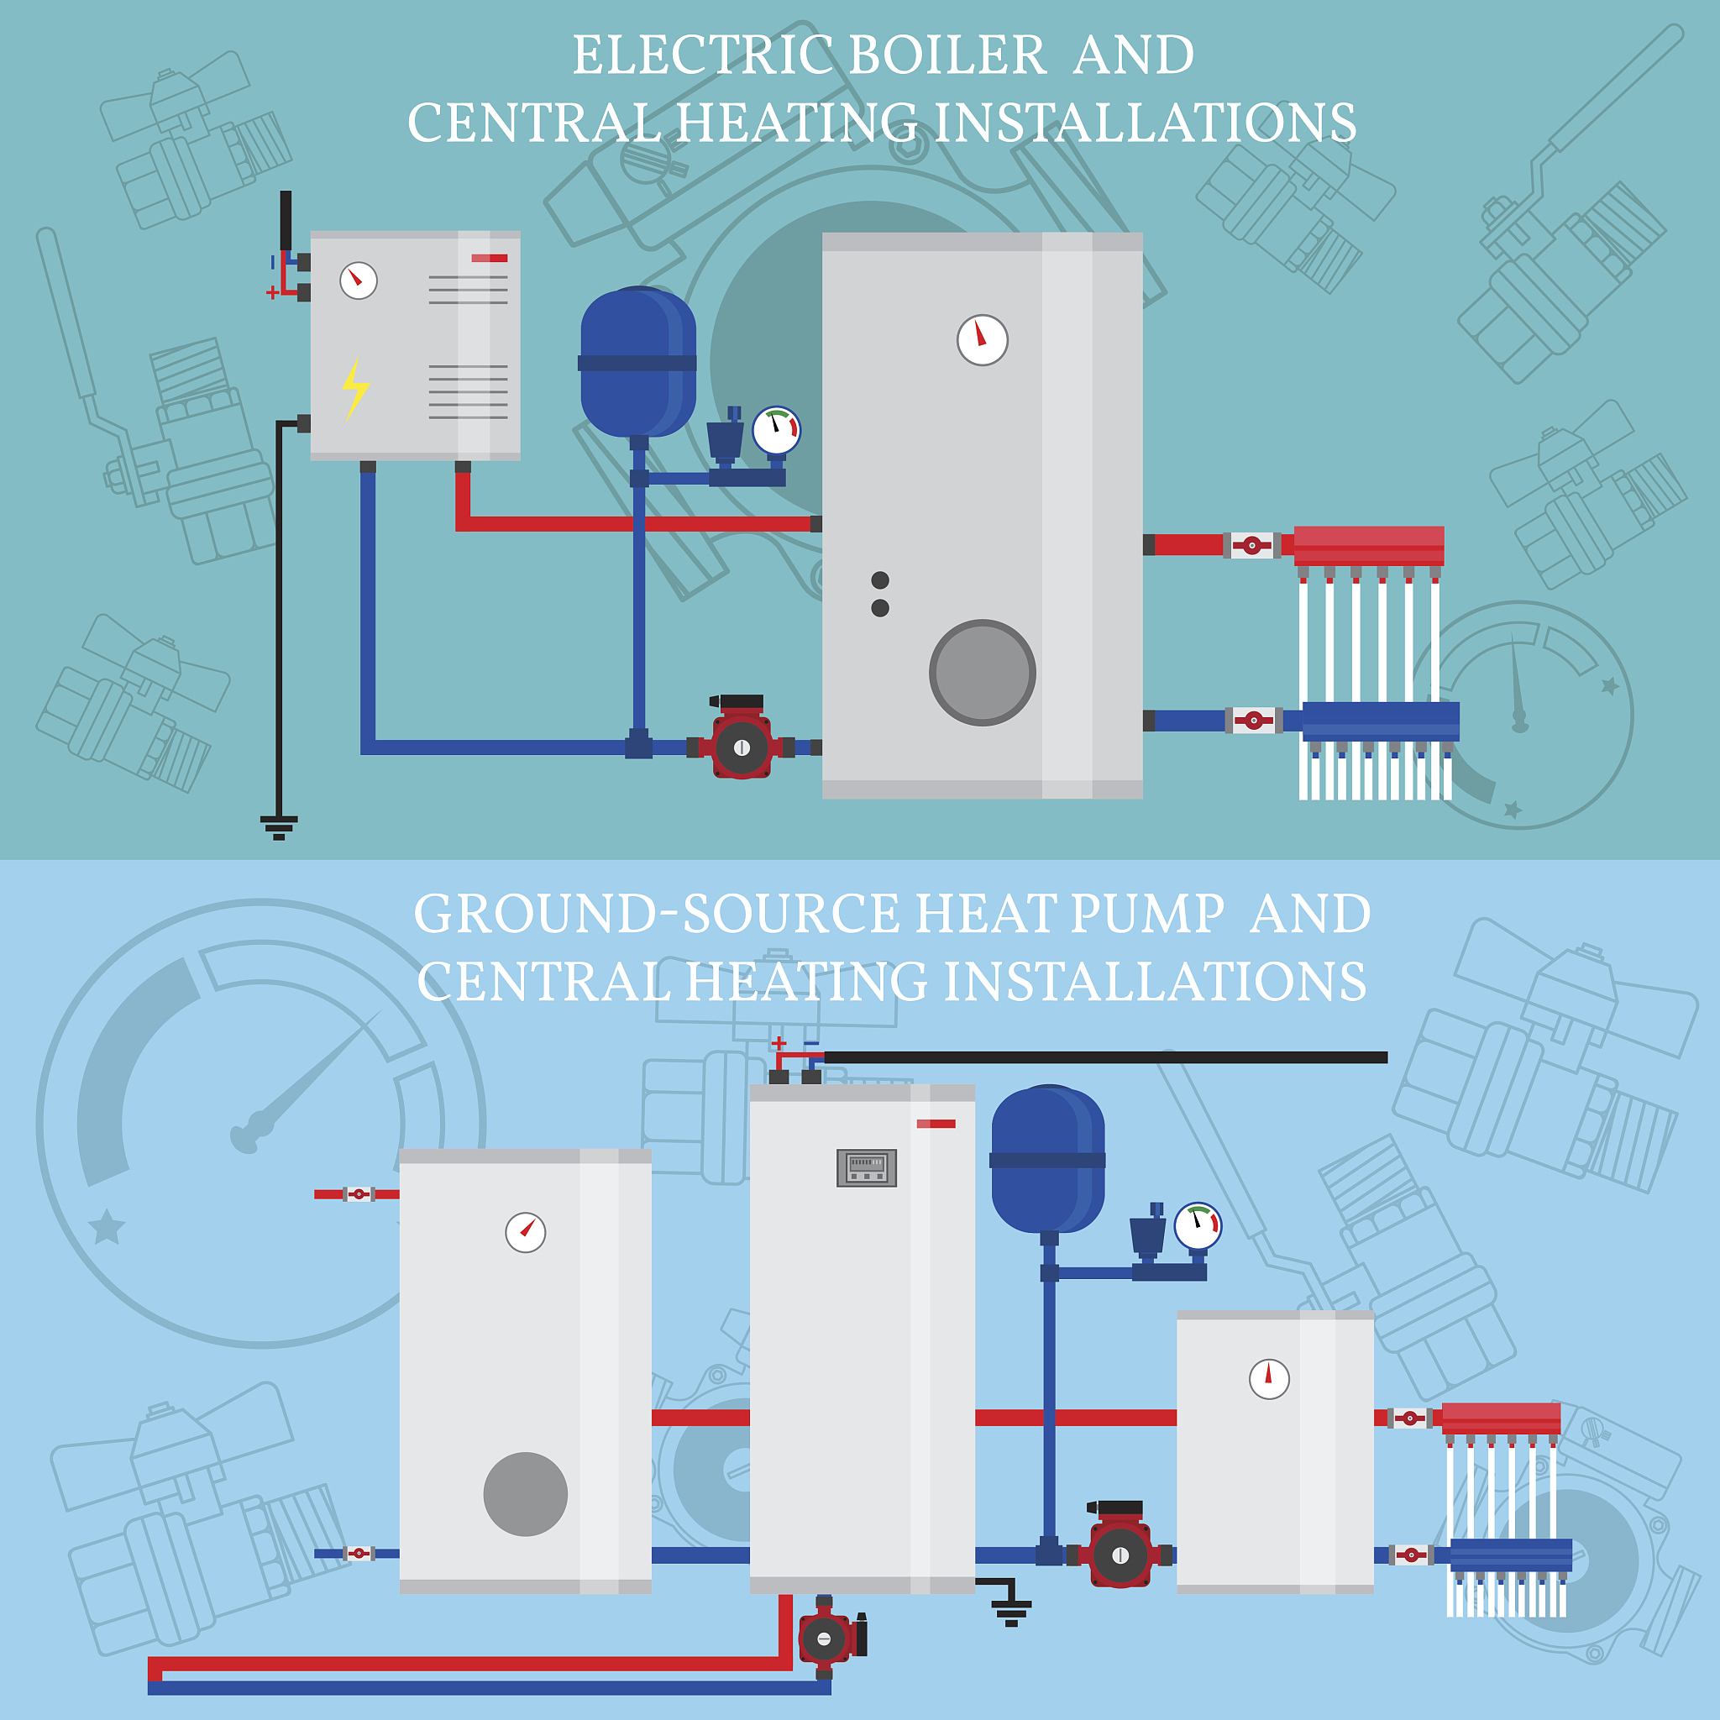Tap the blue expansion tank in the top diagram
pyautogui.click(x=637, y=361)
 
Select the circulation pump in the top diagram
pyautogui.click(x=741, y=745)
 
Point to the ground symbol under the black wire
pyautogui.click(x=279, y=827)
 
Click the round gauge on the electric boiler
pyautogui.click(x=358, y=281)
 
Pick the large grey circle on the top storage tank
pyautogui.click(x=982, y=672)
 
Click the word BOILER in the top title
pyautogui.click(x=947, y=55)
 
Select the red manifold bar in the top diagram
pyautogui.click(x=1368, y=544)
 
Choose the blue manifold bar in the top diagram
pyautogui.click(x=1380, y=720)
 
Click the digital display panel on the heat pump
pyautogui.click(x=866, y=1167)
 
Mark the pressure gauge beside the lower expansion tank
pyautogui.click(x=1198, y=1226)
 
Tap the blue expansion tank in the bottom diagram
pyautogui.click(x=1048, y=1159)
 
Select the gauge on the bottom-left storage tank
pyautogui.click(x=525, y=1232)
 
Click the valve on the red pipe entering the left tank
pyautogui.click(x=359, y=1194)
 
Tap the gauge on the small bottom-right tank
pyautogui.click(x=1269, y=1379)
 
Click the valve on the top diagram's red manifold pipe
pyautogui.click(x=1251, y=545)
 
